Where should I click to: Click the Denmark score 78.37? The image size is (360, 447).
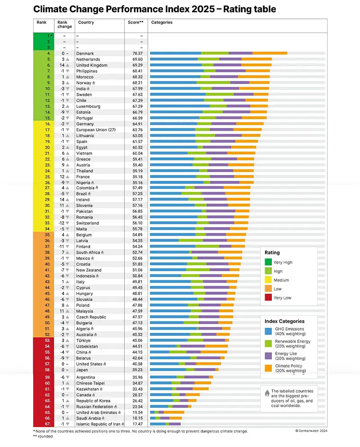(135, 53)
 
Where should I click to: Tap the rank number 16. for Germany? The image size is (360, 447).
(47, 124)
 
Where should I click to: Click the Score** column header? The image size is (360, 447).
(135, 22)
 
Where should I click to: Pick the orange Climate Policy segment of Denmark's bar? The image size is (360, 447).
(270, 53)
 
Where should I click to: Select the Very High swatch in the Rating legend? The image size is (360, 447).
(268, 262)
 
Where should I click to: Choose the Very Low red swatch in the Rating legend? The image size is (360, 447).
(268, 298)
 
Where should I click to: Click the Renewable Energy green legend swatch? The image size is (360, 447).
(268, 343)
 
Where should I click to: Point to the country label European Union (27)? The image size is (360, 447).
(95, 130)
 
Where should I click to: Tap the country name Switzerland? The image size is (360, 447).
(87, 223)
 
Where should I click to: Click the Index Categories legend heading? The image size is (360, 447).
(284, 321)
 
